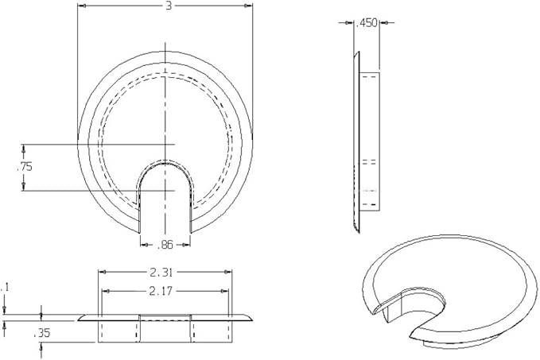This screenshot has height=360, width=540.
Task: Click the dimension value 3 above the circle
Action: (x=169, y=6)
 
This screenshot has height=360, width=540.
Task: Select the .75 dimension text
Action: (x=25, y=167)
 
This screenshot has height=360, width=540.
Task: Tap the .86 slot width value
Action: (x=165, y=245)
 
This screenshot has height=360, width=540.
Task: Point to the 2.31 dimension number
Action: (x=161, y=273)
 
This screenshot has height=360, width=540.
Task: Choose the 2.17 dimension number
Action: (x=161, y=292)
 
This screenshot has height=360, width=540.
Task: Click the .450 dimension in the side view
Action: (x=367, y=23)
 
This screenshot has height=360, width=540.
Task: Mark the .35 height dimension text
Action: (x=42, y=333)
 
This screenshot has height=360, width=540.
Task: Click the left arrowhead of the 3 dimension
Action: (x=82, y=6)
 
